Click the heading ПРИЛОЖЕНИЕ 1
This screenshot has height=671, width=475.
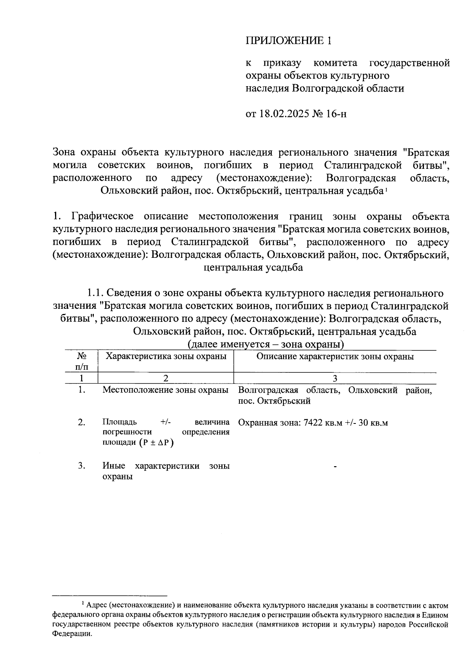pos(288,41)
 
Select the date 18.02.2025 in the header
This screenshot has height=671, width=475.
pos(285,114)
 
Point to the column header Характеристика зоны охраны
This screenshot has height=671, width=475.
pos(166,356)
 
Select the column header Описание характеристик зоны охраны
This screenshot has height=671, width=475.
pos(335,356)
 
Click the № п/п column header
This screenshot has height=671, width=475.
pos(82,361)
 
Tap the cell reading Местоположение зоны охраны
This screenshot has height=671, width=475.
pos(165,390)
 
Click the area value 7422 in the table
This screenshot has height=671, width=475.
pos(313,423)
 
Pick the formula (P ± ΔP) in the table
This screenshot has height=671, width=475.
pos(156,442)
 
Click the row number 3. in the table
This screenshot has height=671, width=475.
pos(82,466)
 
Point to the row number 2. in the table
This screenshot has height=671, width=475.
pos(82,422)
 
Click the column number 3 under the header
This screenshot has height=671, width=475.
pos(335,378)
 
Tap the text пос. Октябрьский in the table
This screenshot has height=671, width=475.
pos(274,401)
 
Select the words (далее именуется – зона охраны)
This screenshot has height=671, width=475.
pos(265,344)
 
